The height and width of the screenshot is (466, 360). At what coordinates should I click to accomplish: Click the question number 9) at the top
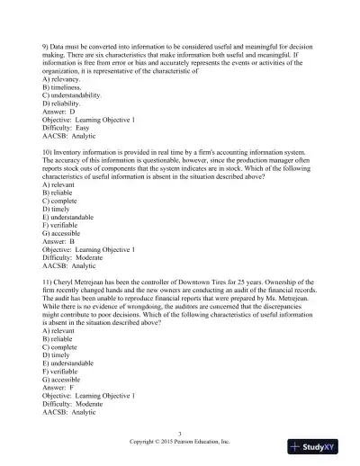(x=46, y=43)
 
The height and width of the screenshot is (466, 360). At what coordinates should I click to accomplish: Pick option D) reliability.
(x=64, y=109)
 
